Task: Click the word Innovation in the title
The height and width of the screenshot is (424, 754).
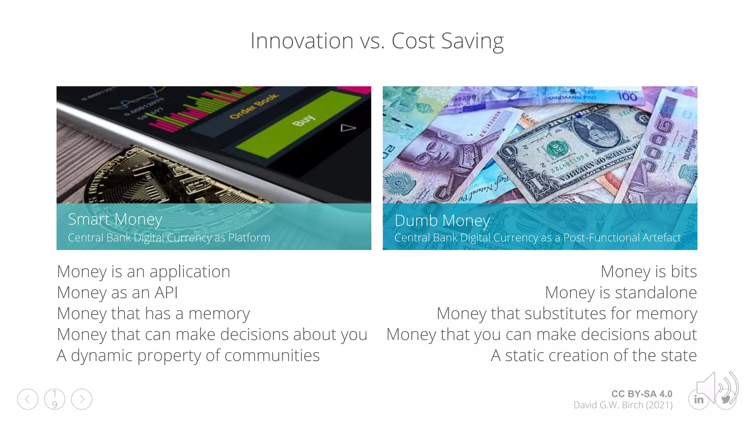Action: click(302, 40)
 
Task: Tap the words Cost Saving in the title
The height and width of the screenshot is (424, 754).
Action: click(447, 41)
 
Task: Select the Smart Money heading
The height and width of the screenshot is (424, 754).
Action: click(115, 219)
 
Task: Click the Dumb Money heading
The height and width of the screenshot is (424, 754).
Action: click(442, 220)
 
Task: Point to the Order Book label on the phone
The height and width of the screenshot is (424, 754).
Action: click(254, 106)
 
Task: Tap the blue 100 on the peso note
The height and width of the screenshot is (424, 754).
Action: click(627, 97)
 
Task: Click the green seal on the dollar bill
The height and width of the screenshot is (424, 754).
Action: click(557, 149)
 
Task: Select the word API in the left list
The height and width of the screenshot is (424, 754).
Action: click(166, 293)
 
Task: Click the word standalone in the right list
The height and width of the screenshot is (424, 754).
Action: click(656, 293)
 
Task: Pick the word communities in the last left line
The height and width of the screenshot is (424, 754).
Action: click(272, 356)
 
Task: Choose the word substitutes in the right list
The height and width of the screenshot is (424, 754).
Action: click(565, 314)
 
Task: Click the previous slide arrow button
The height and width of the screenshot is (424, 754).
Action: click(28, 399)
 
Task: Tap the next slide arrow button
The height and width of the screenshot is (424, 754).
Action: click(82, 399)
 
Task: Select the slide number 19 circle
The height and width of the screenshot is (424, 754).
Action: click(54, 399)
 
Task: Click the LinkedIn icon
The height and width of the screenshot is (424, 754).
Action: click(698, 400)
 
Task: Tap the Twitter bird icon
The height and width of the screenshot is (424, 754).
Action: click(726, 400)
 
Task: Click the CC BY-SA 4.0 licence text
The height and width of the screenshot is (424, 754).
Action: click(642, 394)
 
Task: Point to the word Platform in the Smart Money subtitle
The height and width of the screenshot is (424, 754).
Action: click(249, 238)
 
